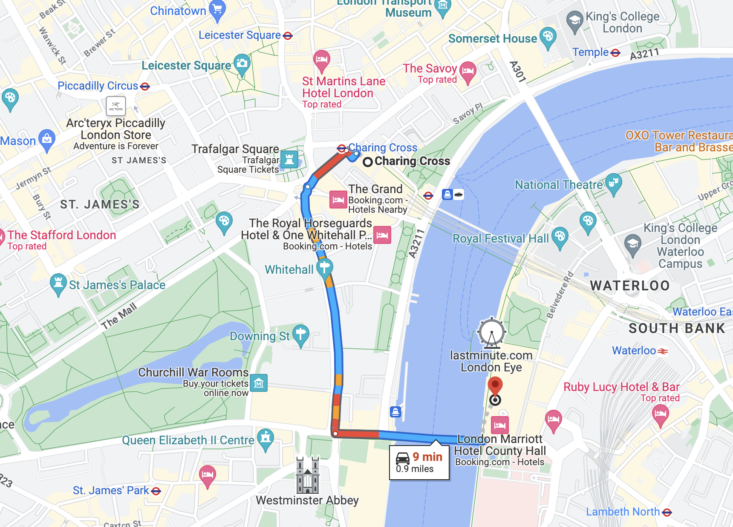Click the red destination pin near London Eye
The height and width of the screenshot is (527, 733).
coord(495,385)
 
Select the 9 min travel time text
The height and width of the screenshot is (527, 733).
coord(427,457)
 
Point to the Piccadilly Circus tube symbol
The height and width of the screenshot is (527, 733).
coord(145,87)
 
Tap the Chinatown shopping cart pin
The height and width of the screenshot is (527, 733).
coord(217,9)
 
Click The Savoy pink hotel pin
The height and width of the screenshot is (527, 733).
coord(468,71)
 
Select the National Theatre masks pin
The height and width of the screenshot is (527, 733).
coord(613,183)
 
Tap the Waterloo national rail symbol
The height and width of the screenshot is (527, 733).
coord(663,351)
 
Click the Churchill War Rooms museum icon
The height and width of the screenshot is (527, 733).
coord(259,383)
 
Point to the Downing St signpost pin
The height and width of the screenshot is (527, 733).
coord(301,335)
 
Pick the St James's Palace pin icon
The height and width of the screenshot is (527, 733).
coord(58,283)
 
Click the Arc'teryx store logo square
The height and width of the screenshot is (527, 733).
coord(116,106)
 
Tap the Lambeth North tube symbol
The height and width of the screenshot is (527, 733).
coord(667,512)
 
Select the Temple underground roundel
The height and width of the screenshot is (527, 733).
coord(615,53)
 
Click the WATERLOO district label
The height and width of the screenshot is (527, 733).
coord(629,286)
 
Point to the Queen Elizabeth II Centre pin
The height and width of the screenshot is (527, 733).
coord(265,438)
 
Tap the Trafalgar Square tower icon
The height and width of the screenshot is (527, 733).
coord(289,159)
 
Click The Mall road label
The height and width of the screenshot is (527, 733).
coord(119,316)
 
